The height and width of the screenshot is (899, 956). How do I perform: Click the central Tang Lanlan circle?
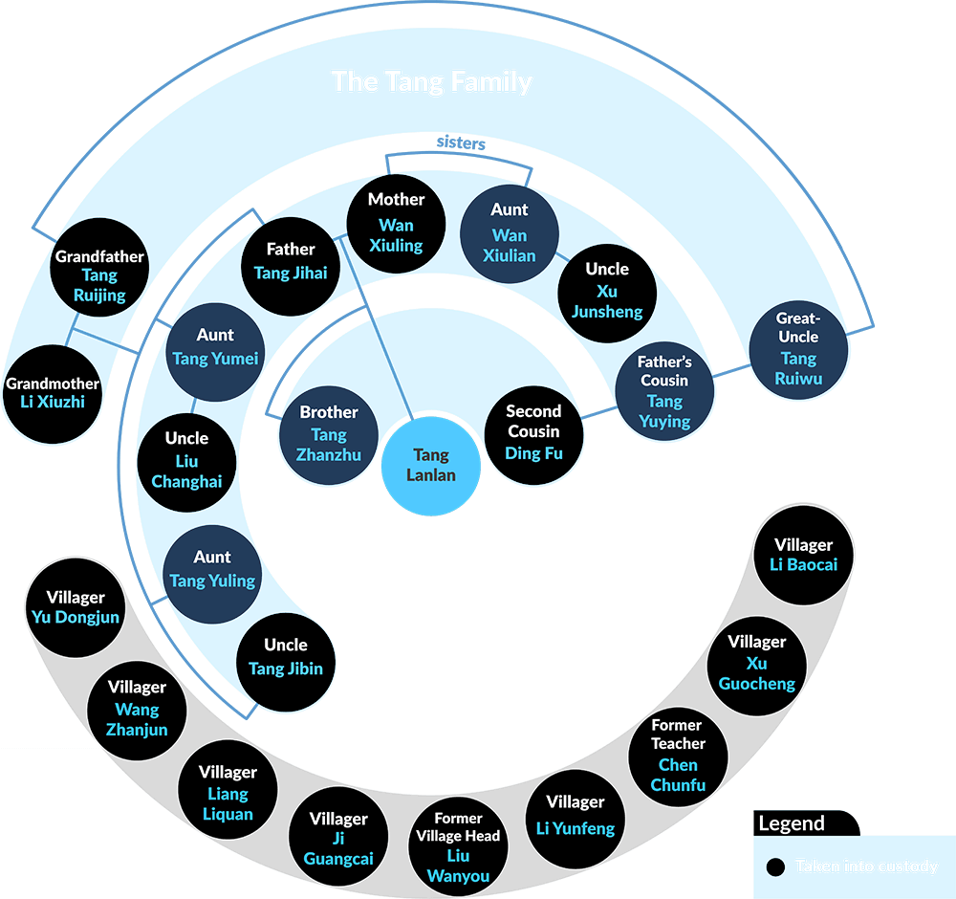(431, 466)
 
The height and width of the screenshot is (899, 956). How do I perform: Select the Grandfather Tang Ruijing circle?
(99, 275)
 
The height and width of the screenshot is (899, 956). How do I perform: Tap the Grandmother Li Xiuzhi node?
(53, 393)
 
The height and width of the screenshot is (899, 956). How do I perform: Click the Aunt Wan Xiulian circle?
(510, 233)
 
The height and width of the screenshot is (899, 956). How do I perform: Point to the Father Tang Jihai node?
(291, 260)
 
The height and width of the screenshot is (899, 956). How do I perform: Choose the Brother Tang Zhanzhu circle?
(329, 433)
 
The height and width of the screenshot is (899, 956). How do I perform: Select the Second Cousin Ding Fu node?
(533, 432)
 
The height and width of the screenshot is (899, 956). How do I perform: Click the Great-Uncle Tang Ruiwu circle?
(798, 348)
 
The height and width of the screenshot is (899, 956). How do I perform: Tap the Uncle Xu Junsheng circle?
(607, 291)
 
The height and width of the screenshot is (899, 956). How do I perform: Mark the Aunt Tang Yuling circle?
(212, 570)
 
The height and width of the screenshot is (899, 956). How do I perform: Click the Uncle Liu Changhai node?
(186, 460)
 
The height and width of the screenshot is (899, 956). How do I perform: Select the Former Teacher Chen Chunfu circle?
(678, 756)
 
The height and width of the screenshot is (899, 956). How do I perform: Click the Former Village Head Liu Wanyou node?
(458, 846)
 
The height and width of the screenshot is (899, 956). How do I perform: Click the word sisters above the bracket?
(461, 143)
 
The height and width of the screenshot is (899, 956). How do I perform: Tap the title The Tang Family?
(431, 81)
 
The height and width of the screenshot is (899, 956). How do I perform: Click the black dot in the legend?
(776, 866)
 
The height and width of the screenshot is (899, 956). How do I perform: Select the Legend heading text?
(791, 823)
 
